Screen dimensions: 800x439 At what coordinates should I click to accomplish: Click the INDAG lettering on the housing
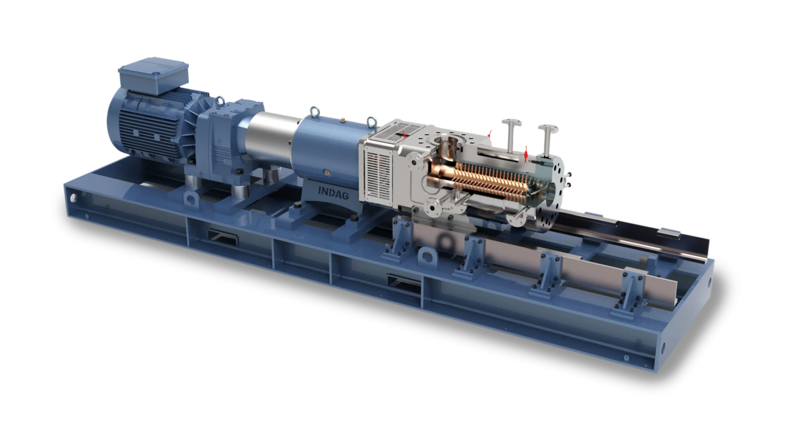(333, 193)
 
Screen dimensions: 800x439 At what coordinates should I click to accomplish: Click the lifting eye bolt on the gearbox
(220, 101)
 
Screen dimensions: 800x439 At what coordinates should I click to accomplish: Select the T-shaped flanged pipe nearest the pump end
(548, 140)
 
